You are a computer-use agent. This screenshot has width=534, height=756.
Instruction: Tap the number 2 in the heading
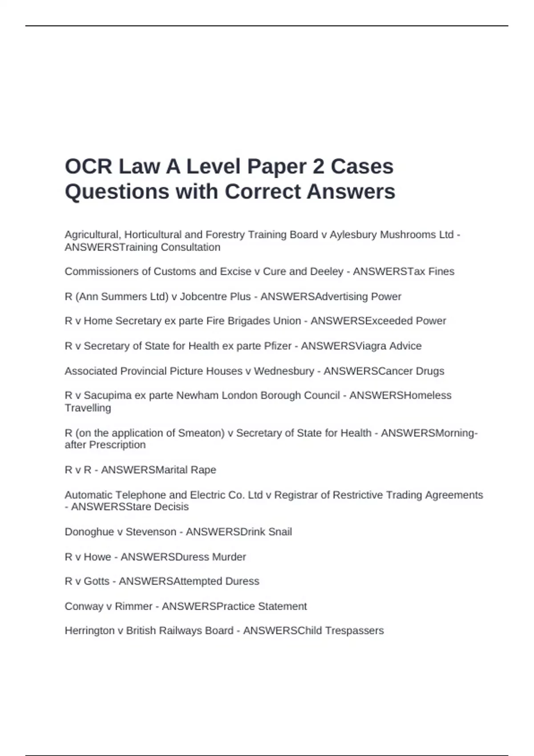click(x=318, y=167)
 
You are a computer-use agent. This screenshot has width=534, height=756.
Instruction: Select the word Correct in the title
click(x=263, y=192)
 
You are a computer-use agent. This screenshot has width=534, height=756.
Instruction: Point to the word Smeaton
click(x=201, y=433)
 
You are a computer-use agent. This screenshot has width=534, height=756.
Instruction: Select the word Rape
click(x=203, y=470)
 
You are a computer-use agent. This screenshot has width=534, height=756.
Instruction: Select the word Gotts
click(x=97, y=581)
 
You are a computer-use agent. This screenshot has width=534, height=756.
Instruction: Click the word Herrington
click(x=89, y=631)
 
